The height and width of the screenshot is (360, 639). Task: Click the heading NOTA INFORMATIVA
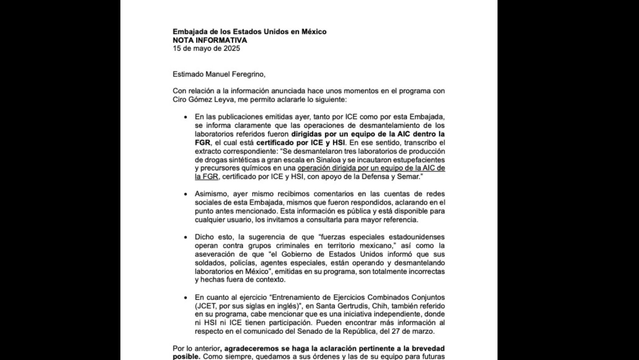pyautogui.click(x=210, y=40)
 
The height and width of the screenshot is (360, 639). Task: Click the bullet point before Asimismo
pyautogui.click(x=186, y=194)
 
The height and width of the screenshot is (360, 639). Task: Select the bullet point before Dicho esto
pyautogui.click(x=186, y=237)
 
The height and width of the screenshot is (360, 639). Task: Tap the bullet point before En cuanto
pyautogui.click(x=186, y=298)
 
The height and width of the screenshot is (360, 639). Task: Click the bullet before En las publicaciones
pyautogui.click(x=186, y=117)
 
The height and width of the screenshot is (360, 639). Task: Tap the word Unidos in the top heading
pyautogui.click(x=275, y=32)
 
